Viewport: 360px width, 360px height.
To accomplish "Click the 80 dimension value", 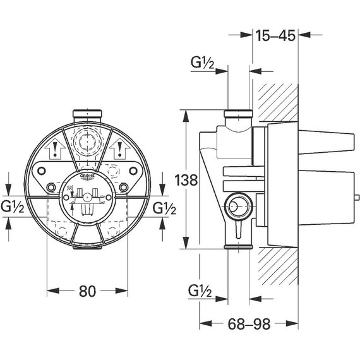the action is coord(87,291).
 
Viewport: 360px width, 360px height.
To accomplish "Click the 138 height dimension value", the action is coord(186,180).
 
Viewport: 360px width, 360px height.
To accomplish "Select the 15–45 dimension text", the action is coord(275,35).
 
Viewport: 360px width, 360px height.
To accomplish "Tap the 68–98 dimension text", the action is coord(249,324).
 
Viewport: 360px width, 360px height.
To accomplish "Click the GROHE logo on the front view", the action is coord(87,176).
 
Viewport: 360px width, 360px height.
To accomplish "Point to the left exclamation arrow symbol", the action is coord(55,149).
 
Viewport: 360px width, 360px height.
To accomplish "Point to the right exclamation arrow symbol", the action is coord(119,149).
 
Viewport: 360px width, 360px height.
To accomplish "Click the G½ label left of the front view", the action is coord(13,207).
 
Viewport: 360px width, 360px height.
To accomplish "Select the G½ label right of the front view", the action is coord(164,208).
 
